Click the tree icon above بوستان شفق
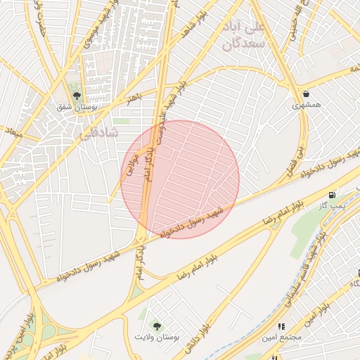click(77, 96)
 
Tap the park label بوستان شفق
click(77, 108)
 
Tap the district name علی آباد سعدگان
click(246, 35)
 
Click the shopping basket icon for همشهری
click(306, 94)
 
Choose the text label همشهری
click(307, 105)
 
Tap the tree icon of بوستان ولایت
click(156, 326)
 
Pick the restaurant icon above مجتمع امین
click(281, 326)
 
